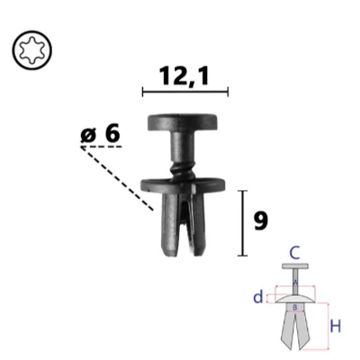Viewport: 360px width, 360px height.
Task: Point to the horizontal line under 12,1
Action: tap(184, 92)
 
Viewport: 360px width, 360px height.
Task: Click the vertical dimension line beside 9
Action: tap(241, 222)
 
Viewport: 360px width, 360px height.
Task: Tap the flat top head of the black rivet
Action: tap(184, 120)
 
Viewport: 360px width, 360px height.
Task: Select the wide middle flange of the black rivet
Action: tap(184, 184)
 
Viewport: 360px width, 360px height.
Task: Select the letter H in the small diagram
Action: tap(335, 326)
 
